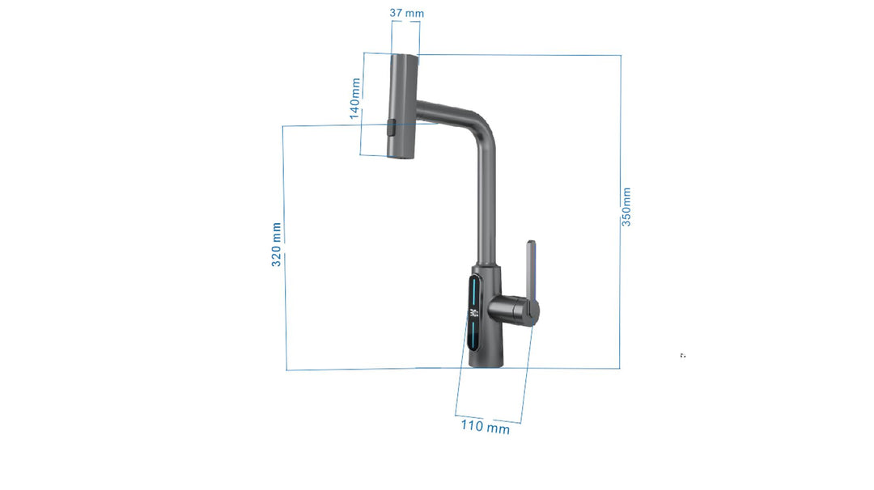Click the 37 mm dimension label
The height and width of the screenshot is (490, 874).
(406, 13)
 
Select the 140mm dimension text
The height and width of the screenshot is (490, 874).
(355, 98)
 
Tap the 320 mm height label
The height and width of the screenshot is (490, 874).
(277, 244)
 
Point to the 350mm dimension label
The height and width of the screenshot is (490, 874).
(626, 207)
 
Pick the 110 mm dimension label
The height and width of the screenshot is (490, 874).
(486, 426)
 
